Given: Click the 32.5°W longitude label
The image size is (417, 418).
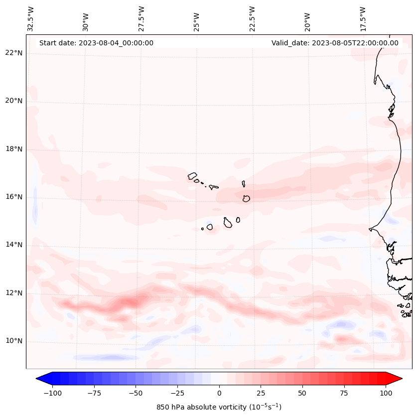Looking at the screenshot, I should point(31,18).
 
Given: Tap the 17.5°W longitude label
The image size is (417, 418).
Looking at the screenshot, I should point(363,18).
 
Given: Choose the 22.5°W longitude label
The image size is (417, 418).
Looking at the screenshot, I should point(252,18).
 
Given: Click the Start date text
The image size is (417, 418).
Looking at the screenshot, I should point(96,43).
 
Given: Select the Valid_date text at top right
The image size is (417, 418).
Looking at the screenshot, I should point(335,43).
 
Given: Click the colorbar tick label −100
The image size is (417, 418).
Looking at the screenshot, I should point(52,393).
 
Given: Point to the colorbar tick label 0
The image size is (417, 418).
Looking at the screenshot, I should point(219,393).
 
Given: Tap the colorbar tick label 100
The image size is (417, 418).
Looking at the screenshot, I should point(386,393).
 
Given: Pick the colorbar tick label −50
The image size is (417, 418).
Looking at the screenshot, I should point(136,393).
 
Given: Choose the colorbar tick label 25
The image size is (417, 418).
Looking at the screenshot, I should point(261,393).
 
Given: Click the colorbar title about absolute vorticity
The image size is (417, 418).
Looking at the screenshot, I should point(219,407).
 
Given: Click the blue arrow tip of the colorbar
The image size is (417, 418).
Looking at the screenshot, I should point(38,379).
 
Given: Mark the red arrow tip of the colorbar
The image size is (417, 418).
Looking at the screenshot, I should point(401,379).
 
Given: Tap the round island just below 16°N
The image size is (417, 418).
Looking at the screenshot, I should point(246,199).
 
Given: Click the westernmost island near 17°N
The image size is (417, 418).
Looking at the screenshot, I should point(192,176).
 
